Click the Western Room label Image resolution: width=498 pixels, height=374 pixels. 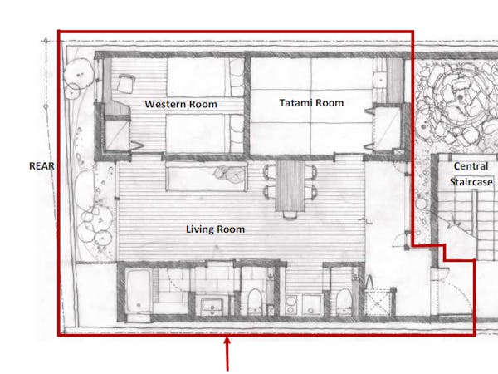point(181,104)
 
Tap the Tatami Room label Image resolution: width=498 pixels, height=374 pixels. point(311,103)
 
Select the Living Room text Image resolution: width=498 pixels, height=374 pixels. point(215,229)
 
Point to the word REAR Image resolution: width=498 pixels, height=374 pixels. point(41,166)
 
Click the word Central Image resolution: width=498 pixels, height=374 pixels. point(471,165)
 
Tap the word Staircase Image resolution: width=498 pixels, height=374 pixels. point(471,182)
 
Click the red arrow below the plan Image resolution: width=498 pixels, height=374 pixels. point(227,354)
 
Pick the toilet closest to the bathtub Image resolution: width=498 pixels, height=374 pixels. point(255,302)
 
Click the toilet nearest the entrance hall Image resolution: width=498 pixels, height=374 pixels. point(344,302)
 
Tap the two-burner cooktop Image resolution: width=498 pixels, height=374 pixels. point(291,305)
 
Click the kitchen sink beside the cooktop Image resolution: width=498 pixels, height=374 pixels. point(311,305)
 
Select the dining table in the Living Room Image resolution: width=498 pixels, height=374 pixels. point(290,185)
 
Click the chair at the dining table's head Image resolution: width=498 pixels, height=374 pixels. point(290,215)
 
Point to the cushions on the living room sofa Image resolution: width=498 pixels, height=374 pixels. point(229,174)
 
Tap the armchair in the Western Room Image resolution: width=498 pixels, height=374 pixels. point(125,83)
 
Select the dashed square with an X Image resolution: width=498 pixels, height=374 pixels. point(378,303)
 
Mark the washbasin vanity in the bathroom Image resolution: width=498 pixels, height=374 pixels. point(212,305)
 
